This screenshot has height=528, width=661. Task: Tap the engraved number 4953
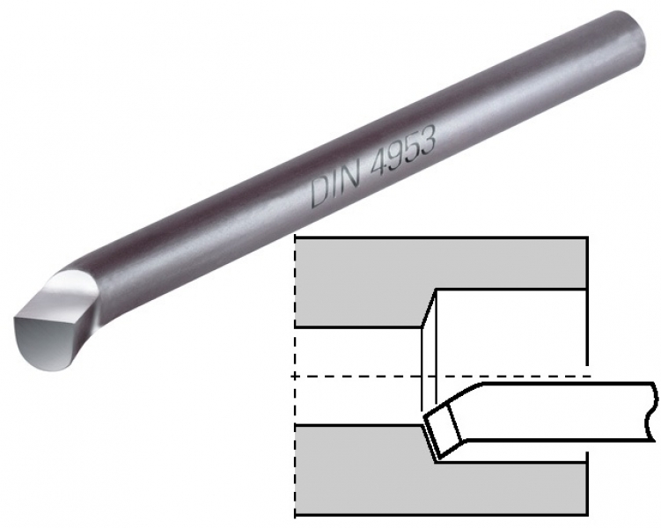pyautogui.click(x=401, y=151)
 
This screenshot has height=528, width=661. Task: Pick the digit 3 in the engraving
pyautogui.click(x=426, y=141)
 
